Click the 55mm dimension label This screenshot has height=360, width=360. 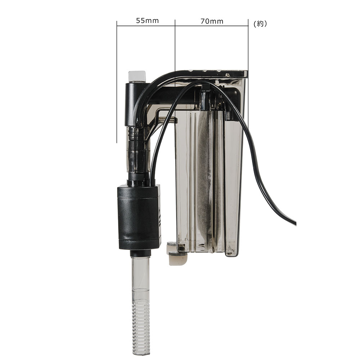tap(147, 21)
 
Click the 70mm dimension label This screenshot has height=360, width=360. tap(212, 21)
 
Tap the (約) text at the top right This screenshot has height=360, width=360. tap(260, 24)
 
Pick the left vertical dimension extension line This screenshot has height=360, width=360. tap(117, 82)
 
